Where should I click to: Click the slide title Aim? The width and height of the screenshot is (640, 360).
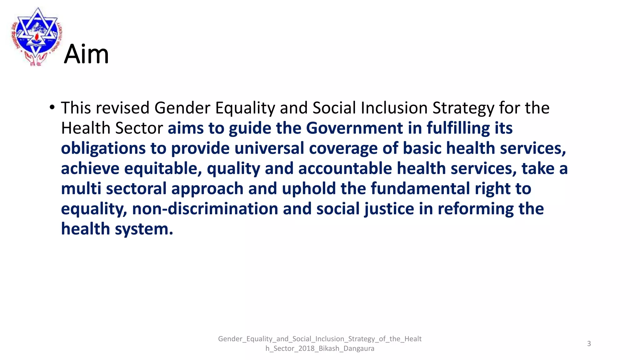point(86,54)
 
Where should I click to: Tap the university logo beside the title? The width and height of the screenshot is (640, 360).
point(37,36)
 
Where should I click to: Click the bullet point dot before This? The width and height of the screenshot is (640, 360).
point(52,107)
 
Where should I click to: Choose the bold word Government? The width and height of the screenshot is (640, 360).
point(354,128)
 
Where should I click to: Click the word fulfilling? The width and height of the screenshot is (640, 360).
point(458,128)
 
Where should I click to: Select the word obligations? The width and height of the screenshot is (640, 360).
point(103,148)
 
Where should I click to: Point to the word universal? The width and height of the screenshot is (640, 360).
point(269,148)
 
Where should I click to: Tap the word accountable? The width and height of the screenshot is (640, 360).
point(345,168)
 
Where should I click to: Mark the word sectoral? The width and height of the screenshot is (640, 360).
point(136,189)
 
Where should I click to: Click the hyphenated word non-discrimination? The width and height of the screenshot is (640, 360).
point(205,209)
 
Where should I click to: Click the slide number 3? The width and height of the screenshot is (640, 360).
point(589,344)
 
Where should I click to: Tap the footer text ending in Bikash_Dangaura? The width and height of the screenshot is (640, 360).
point(320,348)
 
